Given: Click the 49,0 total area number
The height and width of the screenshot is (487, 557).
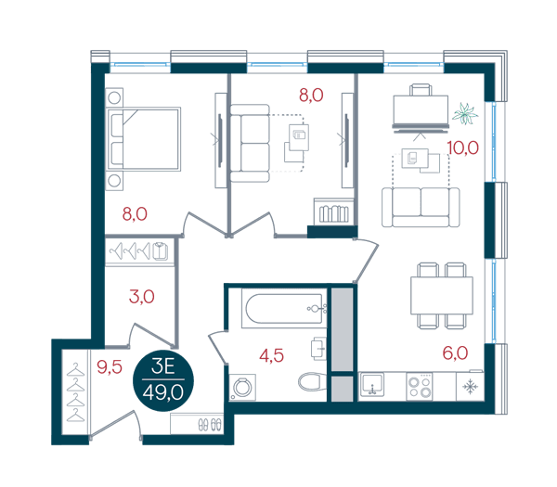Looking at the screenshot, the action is (163, 392).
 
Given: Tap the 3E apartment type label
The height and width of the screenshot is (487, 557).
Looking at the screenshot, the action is (163, 366).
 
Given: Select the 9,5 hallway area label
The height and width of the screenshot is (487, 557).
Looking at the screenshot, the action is (110, 366).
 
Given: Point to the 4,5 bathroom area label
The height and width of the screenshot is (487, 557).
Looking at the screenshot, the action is (271, 355).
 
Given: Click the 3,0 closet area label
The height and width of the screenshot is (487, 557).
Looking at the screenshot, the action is (142, 297).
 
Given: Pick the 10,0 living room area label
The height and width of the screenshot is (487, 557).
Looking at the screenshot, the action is (463, 147).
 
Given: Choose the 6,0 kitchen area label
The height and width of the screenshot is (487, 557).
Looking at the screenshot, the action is (455, 352).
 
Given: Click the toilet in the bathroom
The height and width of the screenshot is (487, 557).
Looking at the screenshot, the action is (310, 382).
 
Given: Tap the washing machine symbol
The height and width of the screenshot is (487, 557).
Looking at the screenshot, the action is (242, 387).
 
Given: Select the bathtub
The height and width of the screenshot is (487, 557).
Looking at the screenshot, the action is (284, 309).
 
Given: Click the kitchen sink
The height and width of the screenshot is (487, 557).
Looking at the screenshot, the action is (371, 385).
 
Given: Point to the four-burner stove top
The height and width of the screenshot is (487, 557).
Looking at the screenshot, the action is (420, 387).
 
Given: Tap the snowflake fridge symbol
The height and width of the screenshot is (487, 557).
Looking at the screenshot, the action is (470, 387).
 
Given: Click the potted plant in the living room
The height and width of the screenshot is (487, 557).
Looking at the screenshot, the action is (465, 113).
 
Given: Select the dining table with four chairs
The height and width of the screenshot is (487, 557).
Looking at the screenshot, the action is (442, 296).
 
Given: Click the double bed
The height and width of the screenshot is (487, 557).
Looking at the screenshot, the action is (144, 139).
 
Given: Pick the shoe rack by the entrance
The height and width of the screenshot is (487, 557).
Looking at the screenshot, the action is (197, 424).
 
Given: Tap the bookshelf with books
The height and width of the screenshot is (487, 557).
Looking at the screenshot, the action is (333, 211).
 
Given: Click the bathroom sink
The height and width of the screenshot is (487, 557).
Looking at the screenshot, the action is (318, 349).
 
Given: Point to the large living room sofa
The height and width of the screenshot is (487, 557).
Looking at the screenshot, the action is (421, 207).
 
